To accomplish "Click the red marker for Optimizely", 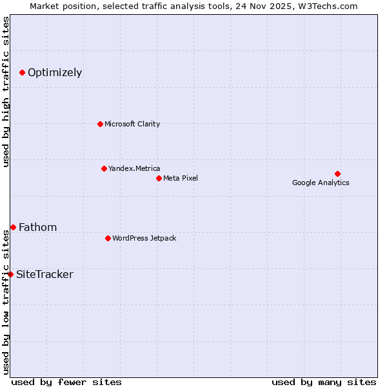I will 22,72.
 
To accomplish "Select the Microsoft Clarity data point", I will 100,124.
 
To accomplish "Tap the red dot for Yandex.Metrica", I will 104,168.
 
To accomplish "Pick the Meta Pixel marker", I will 159,178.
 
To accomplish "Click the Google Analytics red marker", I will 337,174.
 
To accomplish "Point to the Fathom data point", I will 13,227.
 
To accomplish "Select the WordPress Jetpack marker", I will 108,238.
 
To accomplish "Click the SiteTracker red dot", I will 10,274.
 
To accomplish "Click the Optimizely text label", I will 55,72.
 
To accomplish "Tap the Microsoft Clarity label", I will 132,124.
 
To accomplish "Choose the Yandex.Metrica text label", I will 134,168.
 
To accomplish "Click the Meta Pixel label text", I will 181,178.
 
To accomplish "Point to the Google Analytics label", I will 321,183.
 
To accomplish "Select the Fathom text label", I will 37,227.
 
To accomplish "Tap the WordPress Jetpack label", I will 144,238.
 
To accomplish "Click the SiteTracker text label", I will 45,274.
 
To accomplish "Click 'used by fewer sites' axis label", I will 66,382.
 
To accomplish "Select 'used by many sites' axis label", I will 324,382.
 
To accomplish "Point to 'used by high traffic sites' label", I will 6,92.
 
